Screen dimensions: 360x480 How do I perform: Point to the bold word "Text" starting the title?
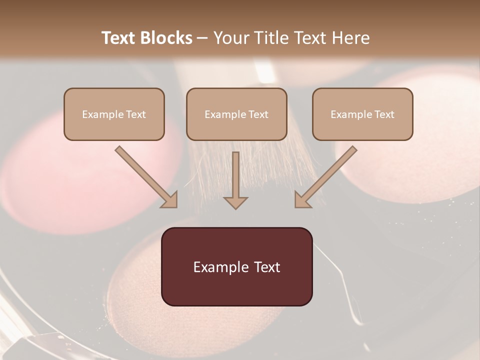[119, 38]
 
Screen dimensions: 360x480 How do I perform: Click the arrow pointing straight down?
[235, 177]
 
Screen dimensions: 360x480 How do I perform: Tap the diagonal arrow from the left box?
[146, 176]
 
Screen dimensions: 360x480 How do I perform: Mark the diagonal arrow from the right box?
[325, 176]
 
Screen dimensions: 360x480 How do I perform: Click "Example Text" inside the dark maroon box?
[237, 267]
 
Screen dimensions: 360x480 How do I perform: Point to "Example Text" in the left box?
[114, 114]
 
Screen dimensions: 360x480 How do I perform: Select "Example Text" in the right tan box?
[362, 114]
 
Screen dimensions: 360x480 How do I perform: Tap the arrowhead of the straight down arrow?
[235, 202]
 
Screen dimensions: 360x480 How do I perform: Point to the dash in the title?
[202, 38]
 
